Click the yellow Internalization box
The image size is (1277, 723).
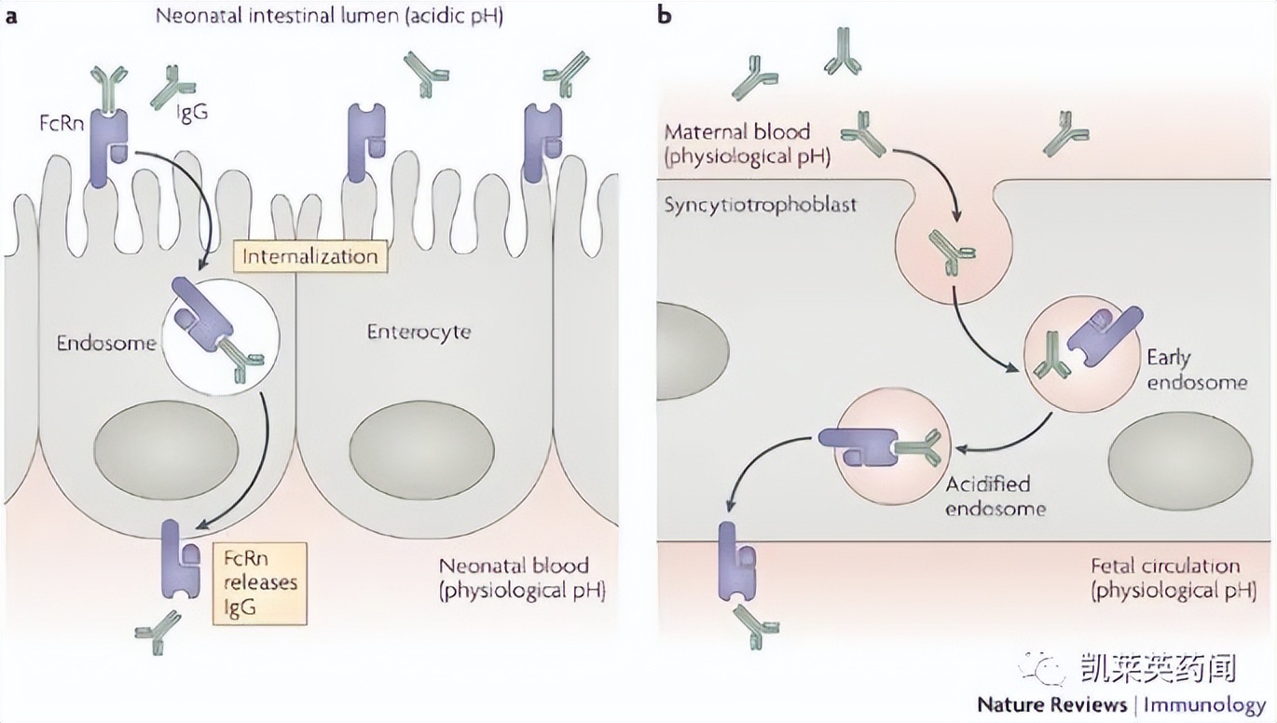(311, 256)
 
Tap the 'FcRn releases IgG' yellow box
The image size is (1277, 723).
(259, 582)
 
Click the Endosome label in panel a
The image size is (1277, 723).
(106, 343)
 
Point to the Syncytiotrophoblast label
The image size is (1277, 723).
(760, 204)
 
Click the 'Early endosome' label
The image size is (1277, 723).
(1196, 370)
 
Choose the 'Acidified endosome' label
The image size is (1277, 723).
(995, 496)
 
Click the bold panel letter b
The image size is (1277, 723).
(666, 16)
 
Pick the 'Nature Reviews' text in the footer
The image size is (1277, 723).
(1051, 704)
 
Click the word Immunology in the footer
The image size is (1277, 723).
(1204, 704)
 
